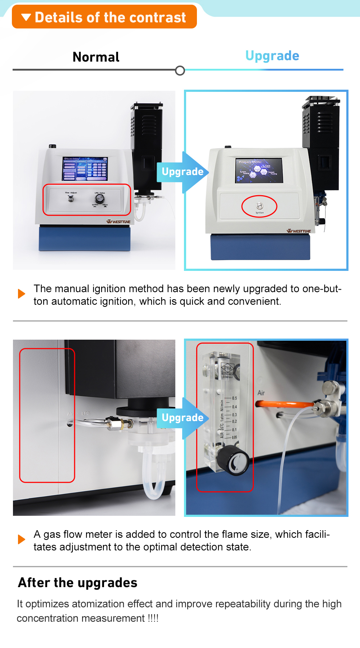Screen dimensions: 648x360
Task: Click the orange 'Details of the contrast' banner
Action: click(x=104, y=17)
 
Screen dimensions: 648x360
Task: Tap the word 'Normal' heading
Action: click(x=96, y=57)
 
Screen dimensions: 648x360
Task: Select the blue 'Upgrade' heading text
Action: click(x=272, y=56)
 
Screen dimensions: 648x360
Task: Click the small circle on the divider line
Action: click(x=180, y=71)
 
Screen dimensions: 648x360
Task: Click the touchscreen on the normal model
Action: click(x=85, y=169)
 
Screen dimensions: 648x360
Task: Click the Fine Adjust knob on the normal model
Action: click(x=71, y=198)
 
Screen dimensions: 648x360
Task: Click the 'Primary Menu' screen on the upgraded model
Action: click(x=259, y=170)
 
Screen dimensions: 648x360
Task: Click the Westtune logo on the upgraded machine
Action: click(x=299, y=231)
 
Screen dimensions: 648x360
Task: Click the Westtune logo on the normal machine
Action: click(x=118, y=222)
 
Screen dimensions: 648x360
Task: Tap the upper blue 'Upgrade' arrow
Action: click(x=183, y=172)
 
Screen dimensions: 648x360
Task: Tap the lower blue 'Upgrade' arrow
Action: click(x=183, y=418)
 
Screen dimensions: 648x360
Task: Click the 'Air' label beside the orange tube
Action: click(x=261, y=393)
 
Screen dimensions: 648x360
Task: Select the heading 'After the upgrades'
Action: click(x=78, y=582)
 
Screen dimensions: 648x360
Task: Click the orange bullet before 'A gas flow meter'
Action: click(x=22, y=539)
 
